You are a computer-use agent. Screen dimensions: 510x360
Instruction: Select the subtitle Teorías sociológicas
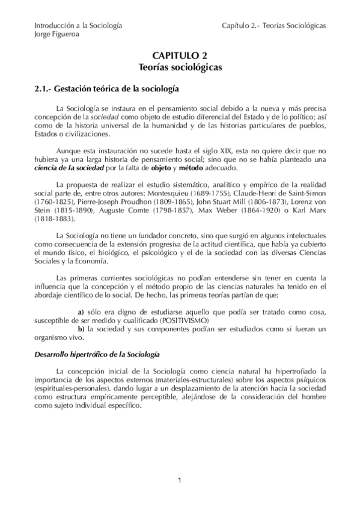(x=180, y=67)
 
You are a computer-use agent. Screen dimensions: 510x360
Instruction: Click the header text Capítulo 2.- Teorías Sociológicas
(x=273, y=26)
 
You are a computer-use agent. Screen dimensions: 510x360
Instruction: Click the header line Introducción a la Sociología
(x=78, y=26)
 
